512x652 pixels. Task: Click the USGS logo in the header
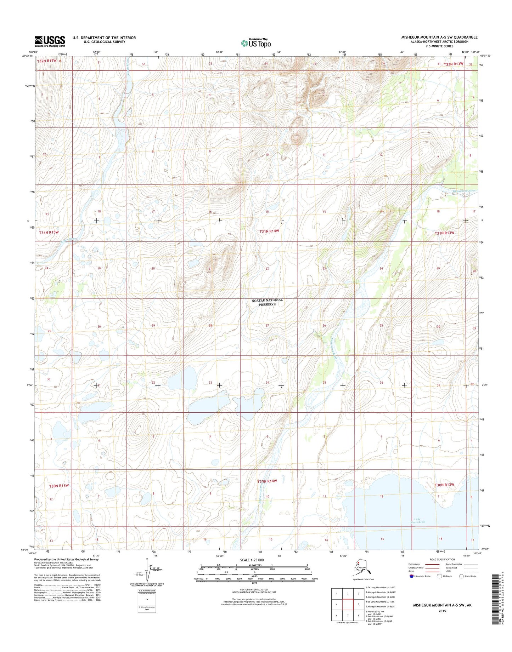[50, 41]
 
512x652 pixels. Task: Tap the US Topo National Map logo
[256, 43]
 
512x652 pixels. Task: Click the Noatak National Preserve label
[267, 302]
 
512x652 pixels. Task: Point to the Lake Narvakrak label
[417, 520]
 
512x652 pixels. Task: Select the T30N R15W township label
[58, 486]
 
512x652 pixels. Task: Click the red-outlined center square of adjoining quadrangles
[348, 604]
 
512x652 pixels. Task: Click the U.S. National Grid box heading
[147, 591]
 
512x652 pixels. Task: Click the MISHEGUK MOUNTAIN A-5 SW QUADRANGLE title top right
[439, 37]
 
